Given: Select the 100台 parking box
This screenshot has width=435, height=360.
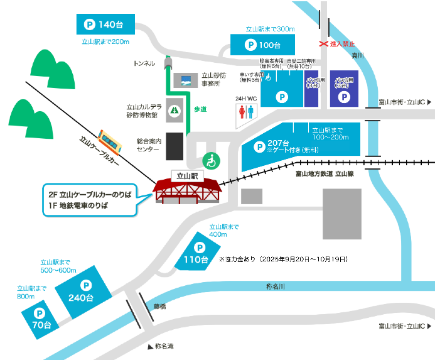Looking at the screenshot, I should click(262, 45).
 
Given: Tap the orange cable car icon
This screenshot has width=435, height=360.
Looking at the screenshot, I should click(110, 139).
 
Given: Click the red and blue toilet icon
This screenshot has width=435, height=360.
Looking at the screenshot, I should click(246, 112).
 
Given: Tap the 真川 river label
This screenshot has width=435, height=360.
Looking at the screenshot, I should click(358, 56).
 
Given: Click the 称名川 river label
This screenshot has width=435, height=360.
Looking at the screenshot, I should click(275, 286).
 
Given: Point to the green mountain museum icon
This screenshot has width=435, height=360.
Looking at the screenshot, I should click(174, 110).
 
